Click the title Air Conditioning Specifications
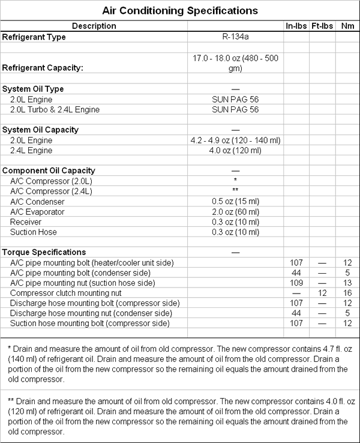pos(180,11)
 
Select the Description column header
pos(94,26)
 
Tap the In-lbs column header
pos(296,26)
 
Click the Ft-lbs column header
pos(323,26)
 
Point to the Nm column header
pos(347,26)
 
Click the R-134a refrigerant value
pos(235,37)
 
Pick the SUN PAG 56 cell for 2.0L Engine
pos(235,99)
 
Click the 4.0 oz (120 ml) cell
pos(235,150)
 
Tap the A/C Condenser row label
pos(37,202)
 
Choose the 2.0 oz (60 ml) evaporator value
pos(235,212)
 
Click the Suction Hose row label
pos(34,232)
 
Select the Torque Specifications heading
pos(44,252)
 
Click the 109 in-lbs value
pos(296,283)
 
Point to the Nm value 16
pos(347,293)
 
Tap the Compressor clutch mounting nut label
pos(66,293)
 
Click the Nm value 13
pos(347,283)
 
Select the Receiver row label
pos(26,222)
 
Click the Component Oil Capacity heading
pos(49,170)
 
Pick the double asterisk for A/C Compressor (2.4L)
pos(235,191)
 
